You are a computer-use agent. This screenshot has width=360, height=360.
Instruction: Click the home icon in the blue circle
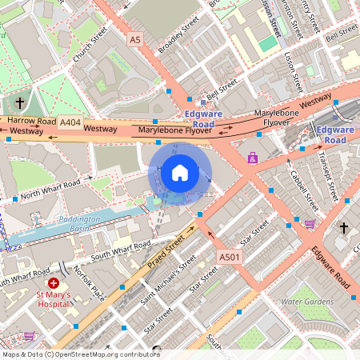click(x=180, y=172)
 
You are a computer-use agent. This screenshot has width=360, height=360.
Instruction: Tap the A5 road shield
click(x=135, y=38)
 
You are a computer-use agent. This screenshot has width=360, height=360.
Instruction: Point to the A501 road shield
click(x=229, y=257)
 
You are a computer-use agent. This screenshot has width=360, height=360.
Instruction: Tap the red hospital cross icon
click(x=54, y=283)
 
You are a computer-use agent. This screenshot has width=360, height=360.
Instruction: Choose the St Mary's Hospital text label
click(x=54, y=300)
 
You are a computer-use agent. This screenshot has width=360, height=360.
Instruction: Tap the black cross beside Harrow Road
click(x=20, y=103)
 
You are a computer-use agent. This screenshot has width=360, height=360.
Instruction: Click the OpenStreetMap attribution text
click(x=80, y=354)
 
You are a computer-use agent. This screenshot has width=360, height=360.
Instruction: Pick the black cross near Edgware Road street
click(x=344, y=228)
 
